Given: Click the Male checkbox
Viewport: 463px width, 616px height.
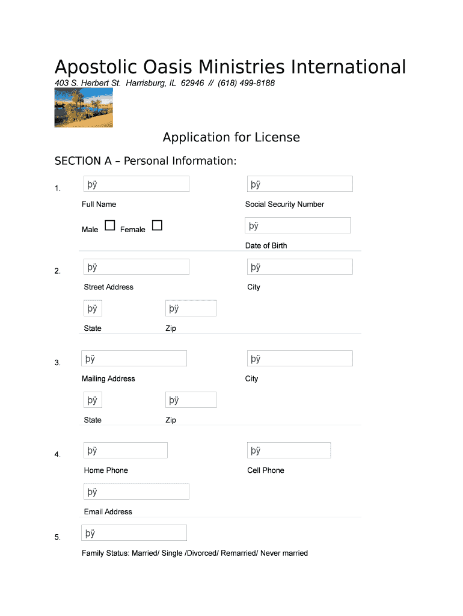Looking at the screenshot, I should (110, 226).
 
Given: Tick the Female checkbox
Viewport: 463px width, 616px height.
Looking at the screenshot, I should (157, 226).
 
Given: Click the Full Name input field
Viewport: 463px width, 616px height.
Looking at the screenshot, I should (136, 184).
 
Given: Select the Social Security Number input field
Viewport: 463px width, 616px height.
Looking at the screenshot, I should (299, 184).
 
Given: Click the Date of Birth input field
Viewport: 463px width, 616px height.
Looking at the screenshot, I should (298, 226).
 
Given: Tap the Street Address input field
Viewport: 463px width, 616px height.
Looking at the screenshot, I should (136, 267).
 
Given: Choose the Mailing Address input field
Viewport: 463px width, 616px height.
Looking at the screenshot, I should (133, 359).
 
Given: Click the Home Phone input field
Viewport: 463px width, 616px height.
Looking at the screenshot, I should (125, 451).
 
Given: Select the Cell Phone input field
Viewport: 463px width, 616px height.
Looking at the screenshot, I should (289, 451).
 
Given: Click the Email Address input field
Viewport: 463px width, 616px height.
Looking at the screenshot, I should (136, 491).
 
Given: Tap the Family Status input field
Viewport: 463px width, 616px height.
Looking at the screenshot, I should (133, 533).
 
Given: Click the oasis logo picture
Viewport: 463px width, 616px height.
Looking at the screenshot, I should (84, 108).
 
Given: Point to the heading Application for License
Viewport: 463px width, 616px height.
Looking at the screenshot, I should (231, 137).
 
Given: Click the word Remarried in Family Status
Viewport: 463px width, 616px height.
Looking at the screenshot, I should (238, 553).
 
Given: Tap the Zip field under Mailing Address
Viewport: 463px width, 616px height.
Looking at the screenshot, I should (191, 400).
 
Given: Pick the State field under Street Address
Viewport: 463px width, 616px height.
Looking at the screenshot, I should (93, 309).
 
